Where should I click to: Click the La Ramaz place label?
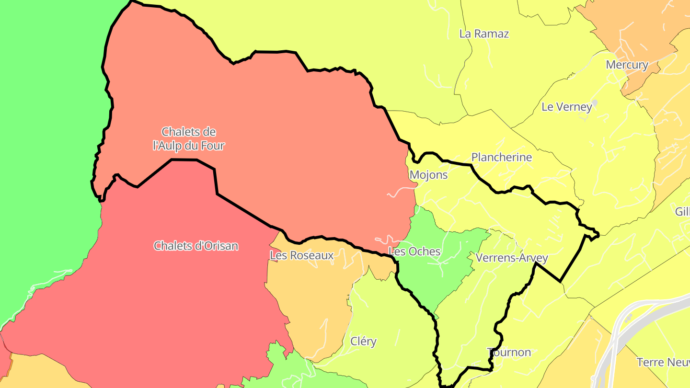[484, 34]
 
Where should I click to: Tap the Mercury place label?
[627, 65]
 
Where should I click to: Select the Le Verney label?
[567, 107]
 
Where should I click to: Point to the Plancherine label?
[502, 157]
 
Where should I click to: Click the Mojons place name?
[428, 175]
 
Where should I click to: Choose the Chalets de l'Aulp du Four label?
[188, 138]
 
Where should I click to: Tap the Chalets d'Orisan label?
[195, 246]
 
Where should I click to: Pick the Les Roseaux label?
[301, 255]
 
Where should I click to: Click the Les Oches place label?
[414, 251]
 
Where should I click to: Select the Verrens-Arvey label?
[512, 258]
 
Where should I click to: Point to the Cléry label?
[363, 342]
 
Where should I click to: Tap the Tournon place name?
[509, 353]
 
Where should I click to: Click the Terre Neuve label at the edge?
[663, 362]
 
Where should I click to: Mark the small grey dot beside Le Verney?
[595, 102]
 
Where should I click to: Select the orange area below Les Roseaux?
[311, 302]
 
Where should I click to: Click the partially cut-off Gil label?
[682, 211]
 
